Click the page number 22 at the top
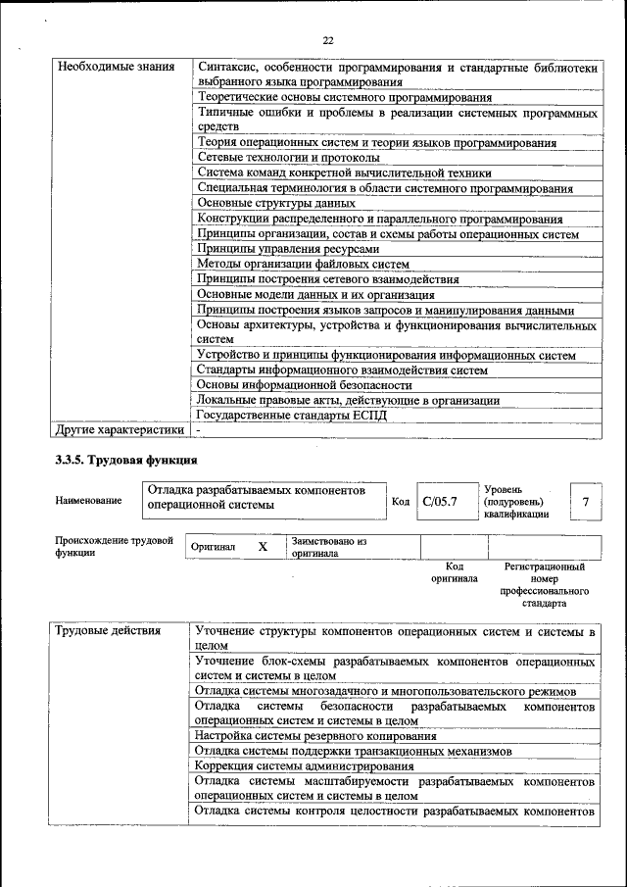(328, 40)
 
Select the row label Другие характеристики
(120, 429)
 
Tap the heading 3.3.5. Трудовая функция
(125, 459)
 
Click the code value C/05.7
(440, 502)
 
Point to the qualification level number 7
(585, 502)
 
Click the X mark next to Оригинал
(263, 546)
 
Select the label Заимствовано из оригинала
(327, 547)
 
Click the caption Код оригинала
(455, 572)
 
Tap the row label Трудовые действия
(108, 630)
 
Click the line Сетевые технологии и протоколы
(288, 158)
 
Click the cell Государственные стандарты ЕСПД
(292, 416)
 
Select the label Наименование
(89, 501)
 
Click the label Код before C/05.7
(400, 502)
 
